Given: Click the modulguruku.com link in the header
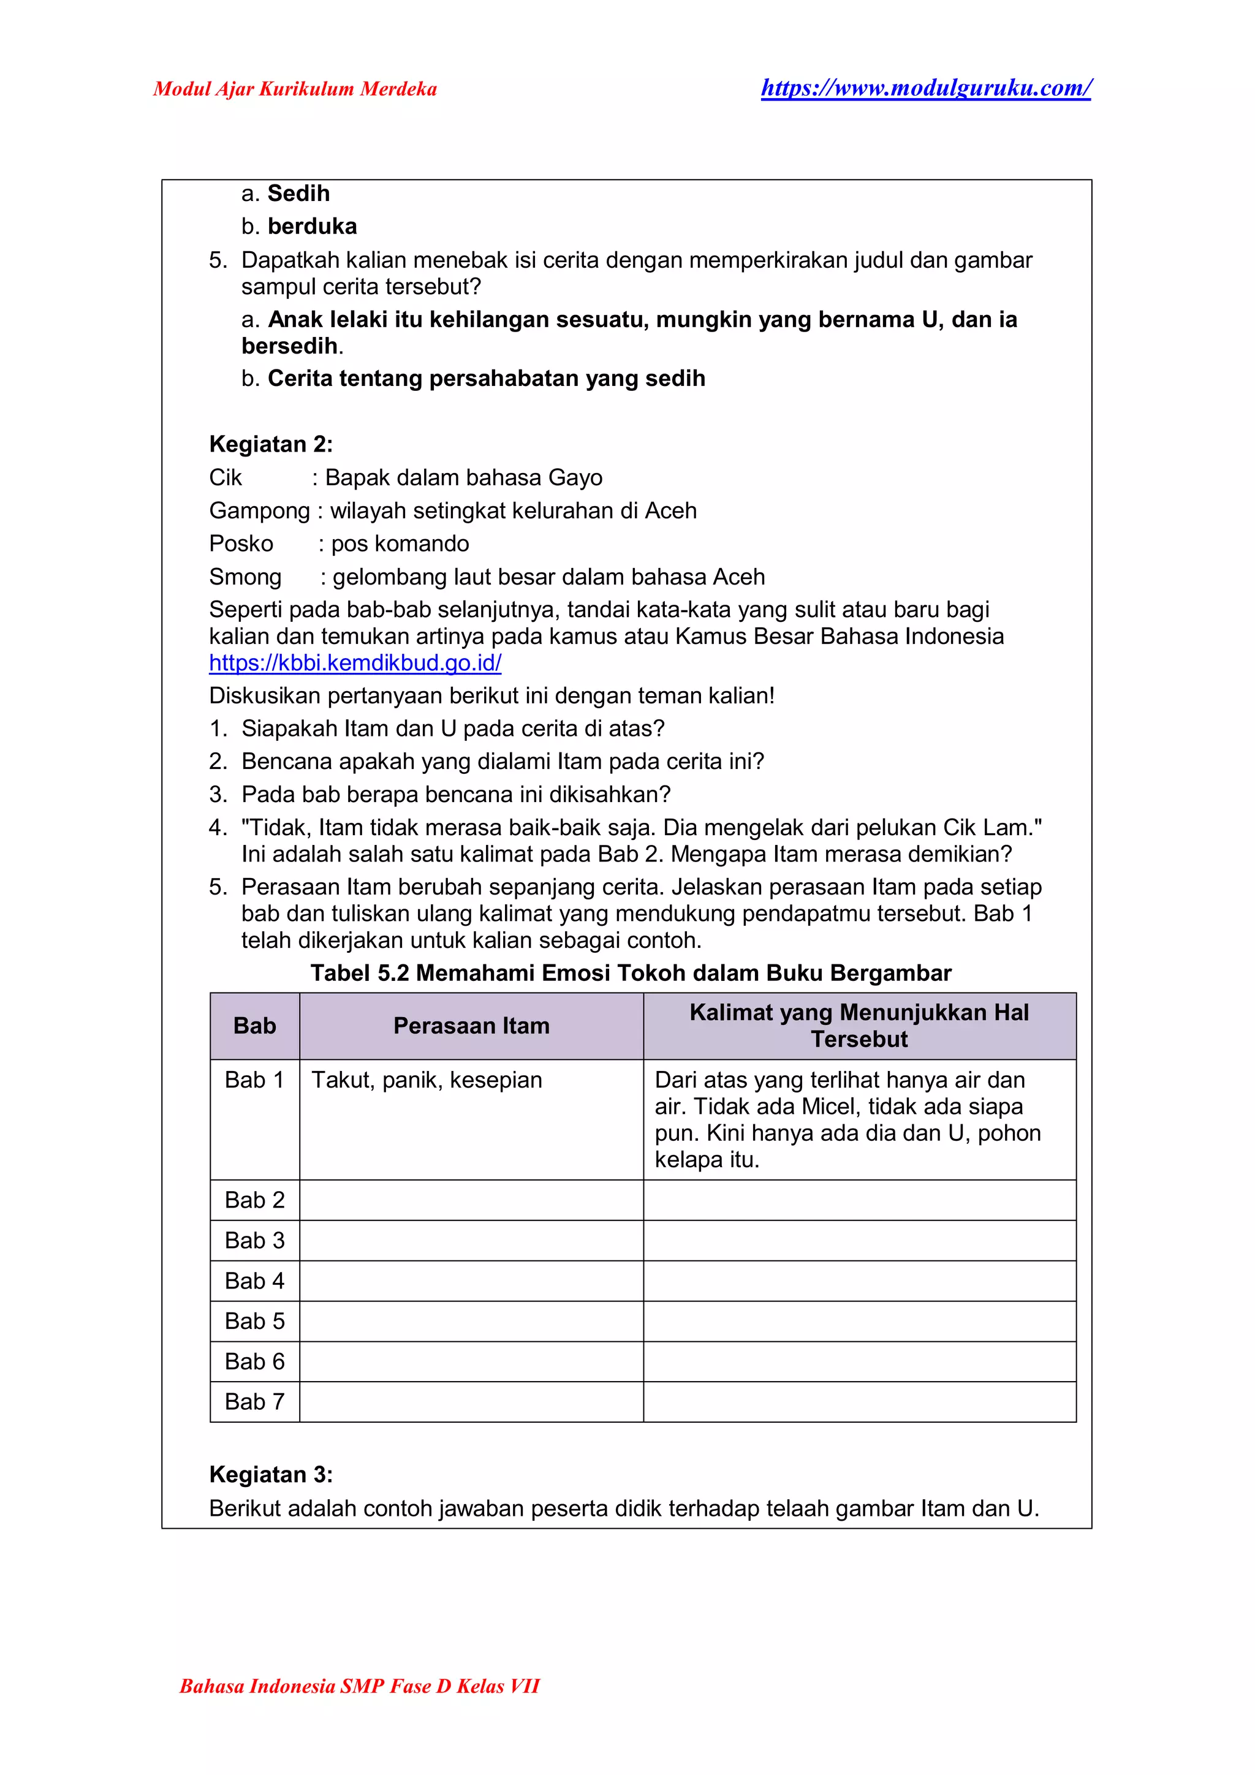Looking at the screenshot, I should pos(925,88).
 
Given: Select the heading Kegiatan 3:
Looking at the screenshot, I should pos(271,1474).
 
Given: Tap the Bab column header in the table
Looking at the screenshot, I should pos(254,1025).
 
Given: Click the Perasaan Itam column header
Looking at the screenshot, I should pos(471,1025).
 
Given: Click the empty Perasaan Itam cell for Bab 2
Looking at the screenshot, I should pos(471,1200).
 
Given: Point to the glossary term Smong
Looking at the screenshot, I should pos(245,577).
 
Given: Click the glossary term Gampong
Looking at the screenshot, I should pos(259,510).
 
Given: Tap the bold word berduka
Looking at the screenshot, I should pos(313,227).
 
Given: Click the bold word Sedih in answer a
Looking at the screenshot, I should pos(298,193).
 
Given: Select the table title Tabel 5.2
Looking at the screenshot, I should pos(630,972).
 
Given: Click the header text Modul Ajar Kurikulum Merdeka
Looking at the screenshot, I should pos(295,89).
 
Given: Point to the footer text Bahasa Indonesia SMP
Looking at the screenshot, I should pos(360,1686).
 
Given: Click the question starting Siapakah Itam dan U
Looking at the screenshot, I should pos(453,729).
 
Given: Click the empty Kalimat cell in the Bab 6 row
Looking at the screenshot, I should pos(859,1361).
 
